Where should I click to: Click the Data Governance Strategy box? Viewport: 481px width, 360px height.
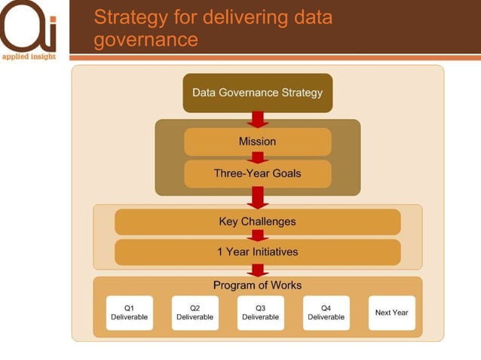click(257, 93)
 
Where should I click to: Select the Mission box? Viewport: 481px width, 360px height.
click(257, 142)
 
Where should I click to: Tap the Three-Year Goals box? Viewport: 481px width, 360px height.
click(257, 173)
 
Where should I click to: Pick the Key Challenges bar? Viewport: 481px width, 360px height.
click(257, 221)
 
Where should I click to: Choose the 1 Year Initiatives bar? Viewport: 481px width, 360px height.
click(257, 252)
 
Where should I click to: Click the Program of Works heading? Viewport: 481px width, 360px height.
click(257, 285)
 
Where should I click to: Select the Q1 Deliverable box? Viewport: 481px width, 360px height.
click(129, 313)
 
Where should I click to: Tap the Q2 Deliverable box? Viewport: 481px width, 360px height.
click(195, 313)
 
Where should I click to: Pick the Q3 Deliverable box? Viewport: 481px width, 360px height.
click(260, 313)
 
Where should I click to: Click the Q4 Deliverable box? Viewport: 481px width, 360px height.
click(326, 313)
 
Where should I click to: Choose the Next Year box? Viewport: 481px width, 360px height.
click(391, 313)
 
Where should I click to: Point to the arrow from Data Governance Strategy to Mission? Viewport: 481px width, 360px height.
click(258, 120)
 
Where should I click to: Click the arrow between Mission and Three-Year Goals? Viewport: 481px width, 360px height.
click(258, 157)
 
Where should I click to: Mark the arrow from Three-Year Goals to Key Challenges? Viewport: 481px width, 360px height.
click(258, 197)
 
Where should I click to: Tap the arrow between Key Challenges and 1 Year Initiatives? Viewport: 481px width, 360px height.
click(258, 236)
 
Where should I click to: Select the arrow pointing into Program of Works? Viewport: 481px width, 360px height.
click(258, 270)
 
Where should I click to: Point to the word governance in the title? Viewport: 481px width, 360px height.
click(146, 39)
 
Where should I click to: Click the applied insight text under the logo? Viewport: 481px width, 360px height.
click(28, 56)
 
